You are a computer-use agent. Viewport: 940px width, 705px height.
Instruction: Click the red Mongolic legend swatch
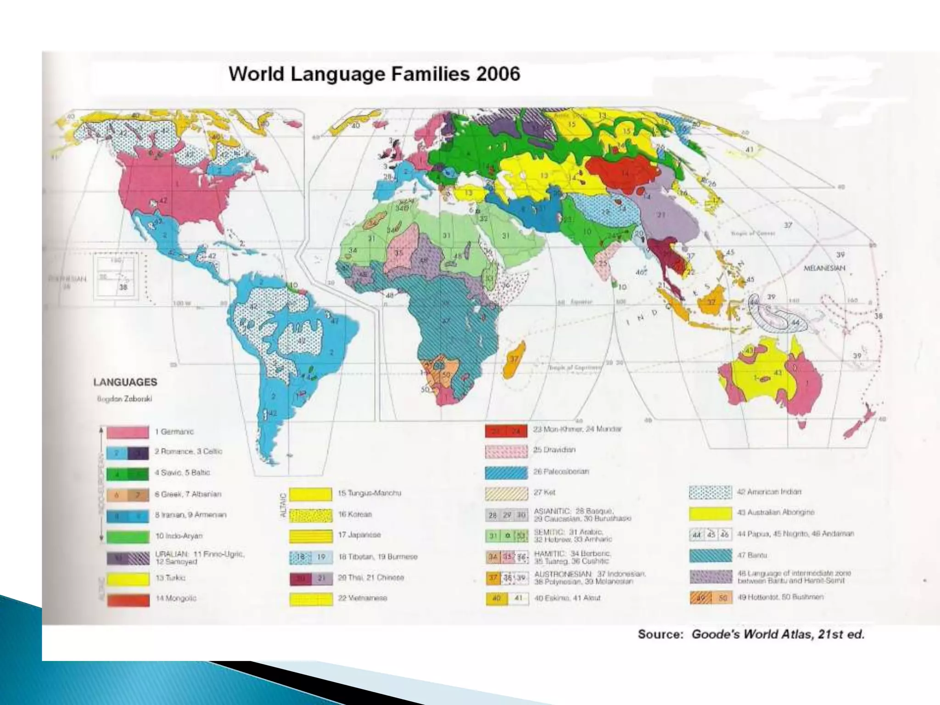(x=128, y=599)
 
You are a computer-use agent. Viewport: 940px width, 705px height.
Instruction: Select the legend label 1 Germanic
(x=174, y=431)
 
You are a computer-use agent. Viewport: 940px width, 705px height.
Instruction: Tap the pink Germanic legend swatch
(x=128, y=432)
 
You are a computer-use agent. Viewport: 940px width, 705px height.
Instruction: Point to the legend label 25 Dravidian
(x=554, y=450)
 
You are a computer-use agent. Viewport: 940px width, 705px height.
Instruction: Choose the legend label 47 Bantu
(x=746, y=555)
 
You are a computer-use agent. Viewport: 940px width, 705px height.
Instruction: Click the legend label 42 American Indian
(x=769, y=492)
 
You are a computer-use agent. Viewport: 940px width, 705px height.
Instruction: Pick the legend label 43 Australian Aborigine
(x=775, y=512)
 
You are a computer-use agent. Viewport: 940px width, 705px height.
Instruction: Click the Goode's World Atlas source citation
(x=751, y=635)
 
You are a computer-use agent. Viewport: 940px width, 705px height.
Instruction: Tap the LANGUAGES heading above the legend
(x=125, y=382)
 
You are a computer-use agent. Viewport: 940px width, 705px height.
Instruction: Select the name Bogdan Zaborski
(x=124, y=398)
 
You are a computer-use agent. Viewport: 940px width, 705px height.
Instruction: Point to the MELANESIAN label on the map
(x=824, y=268)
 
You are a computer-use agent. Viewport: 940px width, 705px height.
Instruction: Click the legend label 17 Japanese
(x=359, y=535)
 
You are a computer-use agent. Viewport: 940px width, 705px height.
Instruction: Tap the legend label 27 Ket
(x=544, y=492)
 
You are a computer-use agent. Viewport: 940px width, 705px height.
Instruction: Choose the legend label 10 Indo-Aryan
(x=179, y=536)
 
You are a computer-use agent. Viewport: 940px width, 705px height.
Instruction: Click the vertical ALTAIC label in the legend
(x=283, y=505)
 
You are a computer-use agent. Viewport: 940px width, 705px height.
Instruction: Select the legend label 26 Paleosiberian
(x=561, y=471)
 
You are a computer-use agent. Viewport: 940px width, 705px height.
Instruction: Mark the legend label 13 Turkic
(x=171, y=578)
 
